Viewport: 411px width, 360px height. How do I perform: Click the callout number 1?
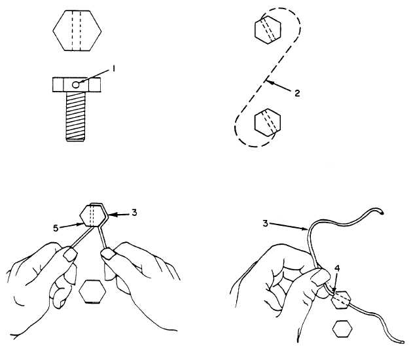tap(113, 69)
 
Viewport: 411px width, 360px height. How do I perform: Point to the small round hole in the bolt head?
tap(75, 84)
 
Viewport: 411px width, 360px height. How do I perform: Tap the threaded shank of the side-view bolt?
tap(75, 117)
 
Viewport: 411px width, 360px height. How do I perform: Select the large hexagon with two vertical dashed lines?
tap(77, 30)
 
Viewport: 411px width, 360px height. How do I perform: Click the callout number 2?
tap(297, 93)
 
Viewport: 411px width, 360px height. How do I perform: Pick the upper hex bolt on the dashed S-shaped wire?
tap(268, 29)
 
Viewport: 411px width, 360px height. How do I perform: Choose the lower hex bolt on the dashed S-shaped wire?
tap(268, 122)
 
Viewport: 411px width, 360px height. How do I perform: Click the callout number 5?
tap(56, 228)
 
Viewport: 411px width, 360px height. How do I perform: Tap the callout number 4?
tap(337, 268)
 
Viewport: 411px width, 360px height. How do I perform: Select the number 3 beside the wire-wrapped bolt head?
tap(134, 213)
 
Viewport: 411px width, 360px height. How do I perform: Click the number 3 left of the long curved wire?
tap(266, 224)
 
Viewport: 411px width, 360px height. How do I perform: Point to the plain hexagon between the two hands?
tap(92, 291)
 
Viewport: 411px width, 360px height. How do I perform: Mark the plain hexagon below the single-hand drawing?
tap(342, 329)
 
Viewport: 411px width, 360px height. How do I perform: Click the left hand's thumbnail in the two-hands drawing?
tap(70, 255)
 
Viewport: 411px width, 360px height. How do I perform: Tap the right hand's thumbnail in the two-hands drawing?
tap(108, 254)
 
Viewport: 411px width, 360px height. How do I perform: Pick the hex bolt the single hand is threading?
tap(341, 300)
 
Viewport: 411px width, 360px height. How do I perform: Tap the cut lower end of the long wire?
tap(402, 342)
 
